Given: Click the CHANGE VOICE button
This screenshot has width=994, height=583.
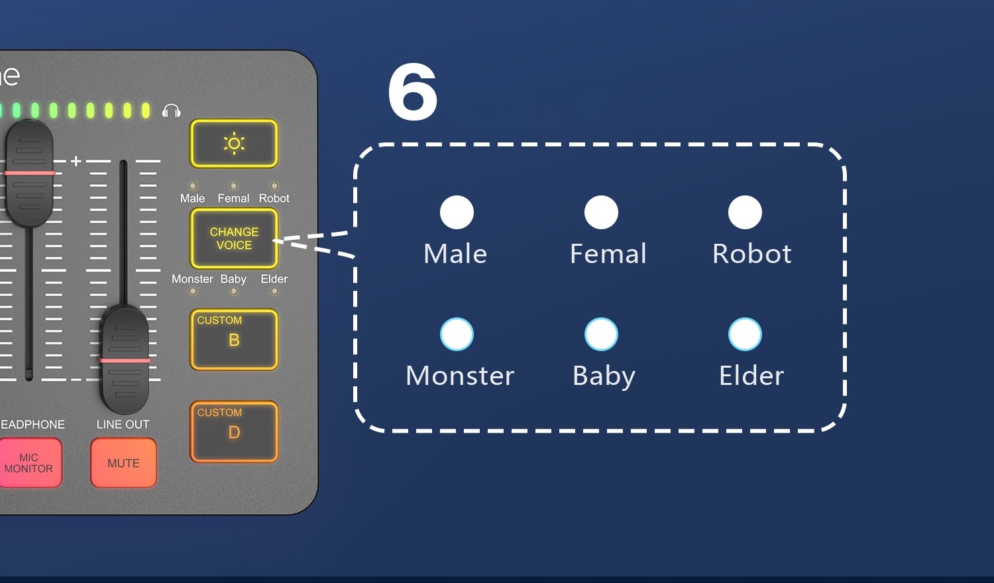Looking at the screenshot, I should tap(234, 238).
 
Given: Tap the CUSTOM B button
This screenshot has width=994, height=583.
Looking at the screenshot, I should tap(234, 339).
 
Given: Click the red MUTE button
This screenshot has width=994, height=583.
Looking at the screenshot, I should tap(123, 463).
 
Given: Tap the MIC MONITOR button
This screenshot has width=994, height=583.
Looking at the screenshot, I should tap(28, 463).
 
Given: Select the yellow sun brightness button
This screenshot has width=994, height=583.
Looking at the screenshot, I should tap(234, 144).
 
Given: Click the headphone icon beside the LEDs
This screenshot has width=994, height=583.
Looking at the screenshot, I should tap(172, 111).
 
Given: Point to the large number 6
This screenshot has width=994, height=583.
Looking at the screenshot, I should tap(412, 93).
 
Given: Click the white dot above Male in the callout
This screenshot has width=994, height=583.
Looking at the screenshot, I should tap(457, 213).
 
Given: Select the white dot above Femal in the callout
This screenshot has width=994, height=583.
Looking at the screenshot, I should tap(601, 213).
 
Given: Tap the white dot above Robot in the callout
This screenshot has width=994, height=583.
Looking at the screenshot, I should tap(745, 213).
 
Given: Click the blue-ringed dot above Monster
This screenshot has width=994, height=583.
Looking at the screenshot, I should tap(457, 335).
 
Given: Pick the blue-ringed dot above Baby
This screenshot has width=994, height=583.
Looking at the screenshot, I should tap(601, 335).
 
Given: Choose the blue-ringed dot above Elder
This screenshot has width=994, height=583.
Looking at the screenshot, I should tap(745, 335).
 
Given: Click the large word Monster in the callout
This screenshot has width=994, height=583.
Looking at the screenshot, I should tap(460, 376).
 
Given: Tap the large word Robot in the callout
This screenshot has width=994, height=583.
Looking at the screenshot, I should tap(751, 254).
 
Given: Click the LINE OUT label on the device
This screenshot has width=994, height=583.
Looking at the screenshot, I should tap(123, 424).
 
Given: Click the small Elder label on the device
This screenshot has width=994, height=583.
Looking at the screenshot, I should tap(274, 279).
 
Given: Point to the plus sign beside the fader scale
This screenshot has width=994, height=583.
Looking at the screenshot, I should tap(76, 161).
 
